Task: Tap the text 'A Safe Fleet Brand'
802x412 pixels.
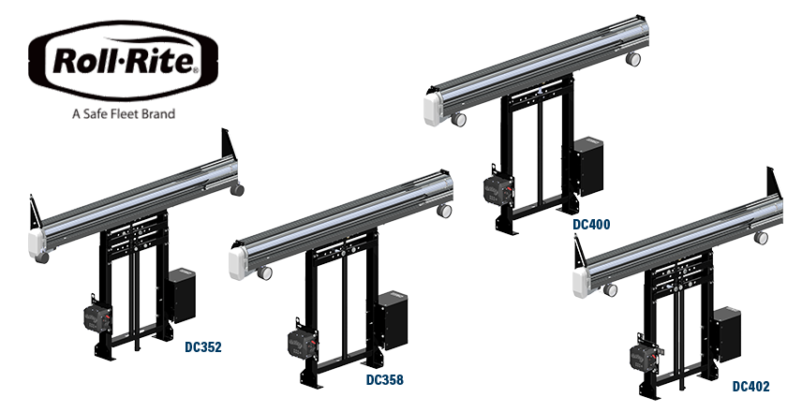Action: (x=124, y=113)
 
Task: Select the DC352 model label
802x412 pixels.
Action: (x=203, y=347)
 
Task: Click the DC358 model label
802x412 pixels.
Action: (x=385, y=380)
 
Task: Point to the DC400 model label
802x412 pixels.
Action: (x=591, y=224)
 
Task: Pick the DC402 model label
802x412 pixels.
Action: (x=750, y=387)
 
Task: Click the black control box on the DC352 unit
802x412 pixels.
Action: (x=182, y=296)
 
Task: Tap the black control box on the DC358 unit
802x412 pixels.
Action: (x=393, y=320)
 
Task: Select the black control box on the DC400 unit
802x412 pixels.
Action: (x=588, y=166)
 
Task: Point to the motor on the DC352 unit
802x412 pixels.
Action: (x=97, y=318)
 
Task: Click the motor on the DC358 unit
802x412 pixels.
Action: (x=303, y=343)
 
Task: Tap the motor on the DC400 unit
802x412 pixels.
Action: (x=498, y=190)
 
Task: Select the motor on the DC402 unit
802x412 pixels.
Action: (x=644, y=356)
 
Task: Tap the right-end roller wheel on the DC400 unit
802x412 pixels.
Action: (x=633, y=59)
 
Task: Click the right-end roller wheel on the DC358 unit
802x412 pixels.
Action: (x=444, y=211)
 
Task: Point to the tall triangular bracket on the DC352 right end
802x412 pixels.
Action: (x=228, y=144)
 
